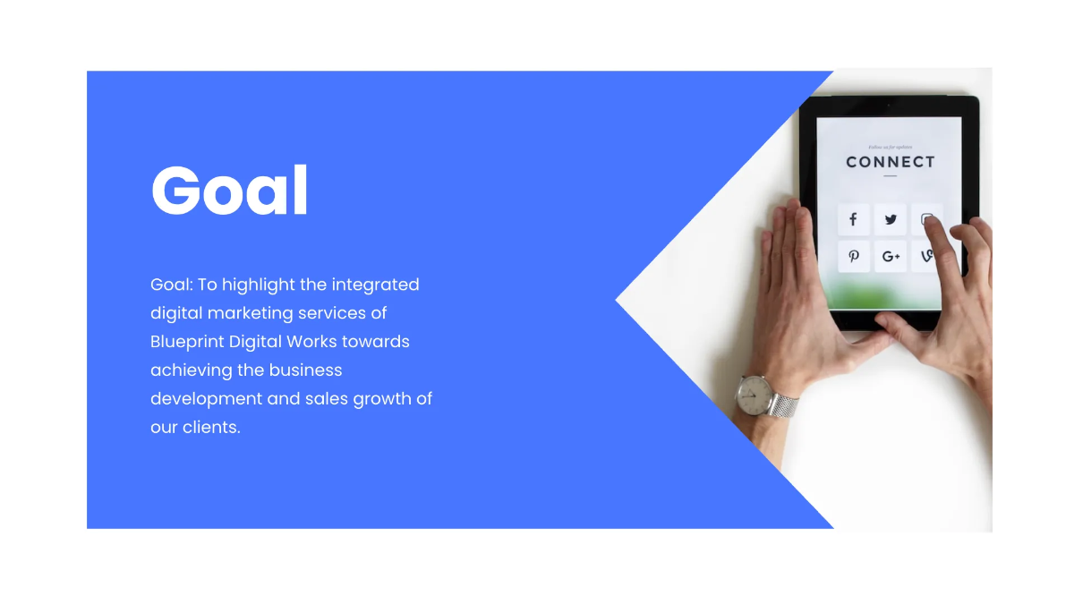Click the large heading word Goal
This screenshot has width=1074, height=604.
(x=230, y=190)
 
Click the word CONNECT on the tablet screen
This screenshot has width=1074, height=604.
(x=890, y=162)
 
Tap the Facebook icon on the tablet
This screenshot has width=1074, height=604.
(x=853, y=219)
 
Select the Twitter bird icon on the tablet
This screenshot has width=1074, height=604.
(x=891, y=219)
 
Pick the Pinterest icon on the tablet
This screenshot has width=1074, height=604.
(x=853, y=257)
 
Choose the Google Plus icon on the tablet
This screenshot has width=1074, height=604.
(x=891, y=257)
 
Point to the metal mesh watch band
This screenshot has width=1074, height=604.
(x=783, y=405)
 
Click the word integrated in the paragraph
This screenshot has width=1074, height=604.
(x=375, y=285)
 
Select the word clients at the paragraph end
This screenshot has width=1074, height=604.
(x=211, y=428)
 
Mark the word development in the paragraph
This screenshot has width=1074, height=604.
(x=205, y=399)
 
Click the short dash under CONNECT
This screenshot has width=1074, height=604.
(x=890, y=176)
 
